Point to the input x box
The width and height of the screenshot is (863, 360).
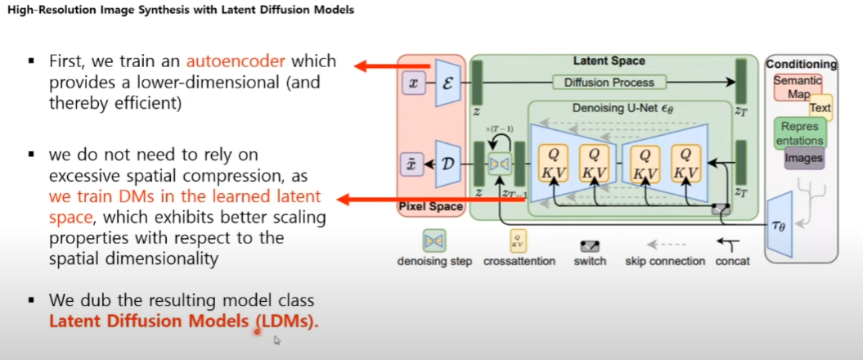[413, 82]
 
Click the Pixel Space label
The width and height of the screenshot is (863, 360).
[430, 206]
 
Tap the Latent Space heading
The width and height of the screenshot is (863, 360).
[609, 61]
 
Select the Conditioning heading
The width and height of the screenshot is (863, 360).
[801, 64]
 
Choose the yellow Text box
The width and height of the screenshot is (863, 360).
[820, 107]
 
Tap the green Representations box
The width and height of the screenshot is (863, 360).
[799, 133]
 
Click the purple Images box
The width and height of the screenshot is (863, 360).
[803, 157]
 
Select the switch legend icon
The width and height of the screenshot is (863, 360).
[590, 245]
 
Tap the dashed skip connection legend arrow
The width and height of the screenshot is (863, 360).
[664, 244]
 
